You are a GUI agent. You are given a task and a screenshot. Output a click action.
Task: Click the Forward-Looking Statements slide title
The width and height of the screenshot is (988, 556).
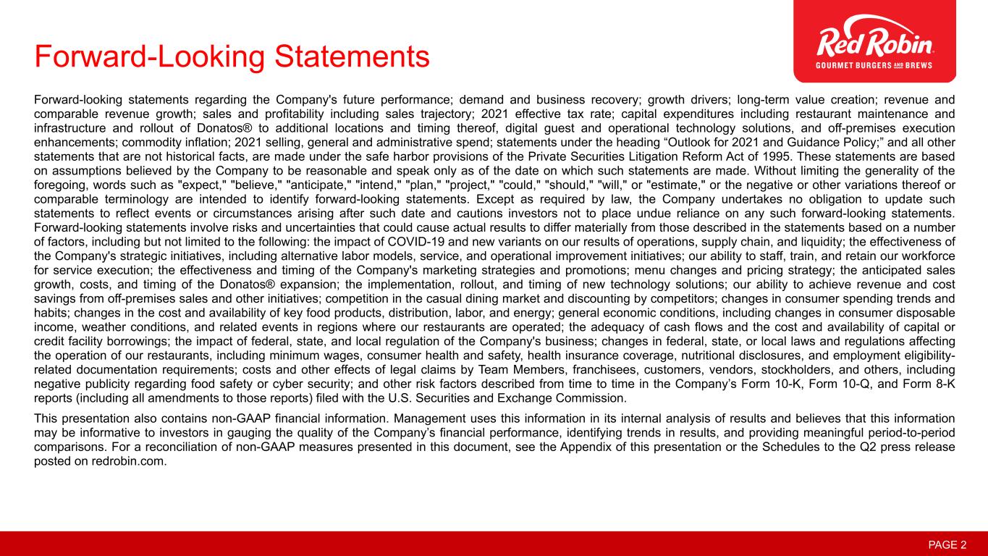pos(232,56)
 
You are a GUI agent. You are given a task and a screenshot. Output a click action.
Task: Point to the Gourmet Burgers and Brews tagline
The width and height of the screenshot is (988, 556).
pos(875,65)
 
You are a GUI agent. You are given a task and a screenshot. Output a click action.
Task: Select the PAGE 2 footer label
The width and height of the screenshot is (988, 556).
pos(947,544)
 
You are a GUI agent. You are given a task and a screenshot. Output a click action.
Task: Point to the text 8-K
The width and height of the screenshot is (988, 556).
pos(943,384)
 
